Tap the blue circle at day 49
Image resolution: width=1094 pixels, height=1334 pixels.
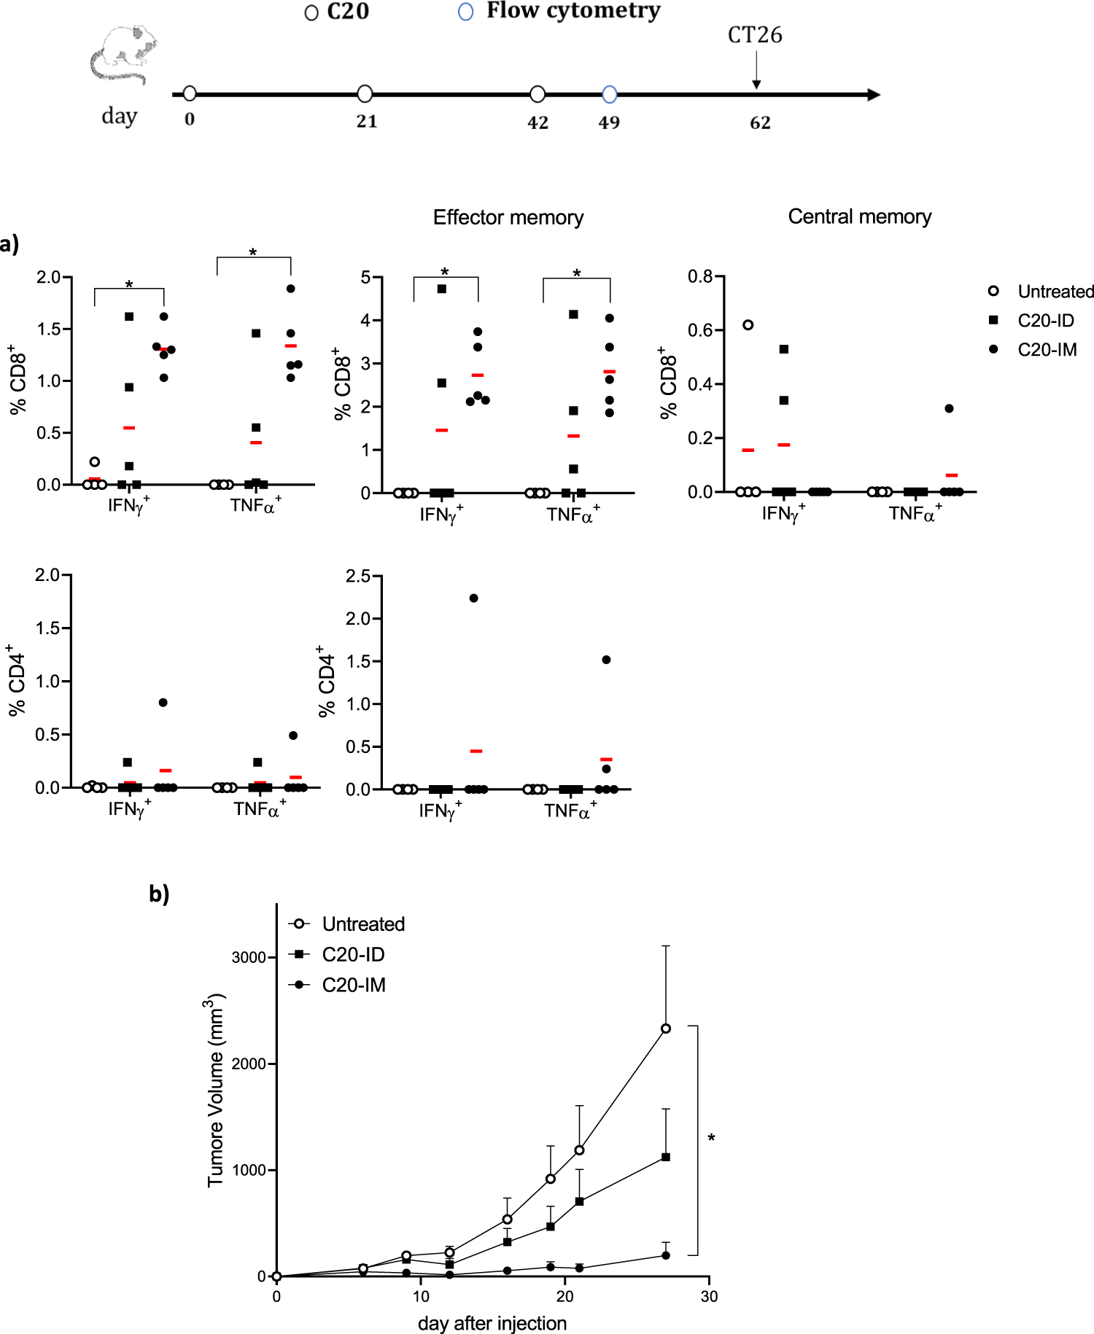point(610,94)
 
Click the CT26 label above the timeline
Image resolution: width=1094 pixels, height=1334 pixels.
point(755,35)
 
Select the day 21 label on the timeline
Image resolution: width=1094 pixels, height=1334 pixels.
point(367,121)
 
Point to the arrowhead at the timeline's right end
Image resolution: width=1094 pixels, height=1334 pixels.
point(873,95)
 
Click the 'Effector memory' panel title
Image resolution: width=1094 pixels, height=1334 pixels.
point(508,217)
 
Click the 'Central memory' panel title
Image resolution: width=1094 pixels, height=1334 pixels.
point(859,217)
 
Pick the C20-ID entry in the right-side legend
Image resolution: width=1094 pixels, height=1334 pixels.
point(1045,321)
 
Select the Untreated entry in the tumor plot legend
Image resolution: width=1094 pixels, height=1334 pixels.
point(362,924)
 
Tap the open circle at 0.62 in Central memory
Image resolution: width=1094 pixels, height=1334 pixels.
point(748,325)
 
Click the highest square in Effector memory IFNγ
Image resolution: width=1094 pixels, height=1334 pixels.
point(441,289)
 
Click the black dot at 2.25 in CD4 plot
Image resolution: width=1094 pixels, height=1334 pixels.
point(473,598)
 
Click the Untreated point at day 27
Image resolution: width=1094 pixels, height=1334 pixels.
point(666,1029)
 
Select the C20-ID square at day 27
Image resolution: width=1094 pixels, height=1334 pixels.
point(666,1157)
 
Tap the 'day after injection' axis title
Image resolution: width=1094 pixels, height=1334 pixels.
point(492,1323)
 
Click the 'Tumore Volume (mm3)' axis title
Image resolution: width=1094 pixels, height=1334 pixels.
point(215,1090)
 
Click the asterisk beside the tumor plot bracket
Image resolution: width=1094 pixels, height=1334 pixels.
point(711,1138)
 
